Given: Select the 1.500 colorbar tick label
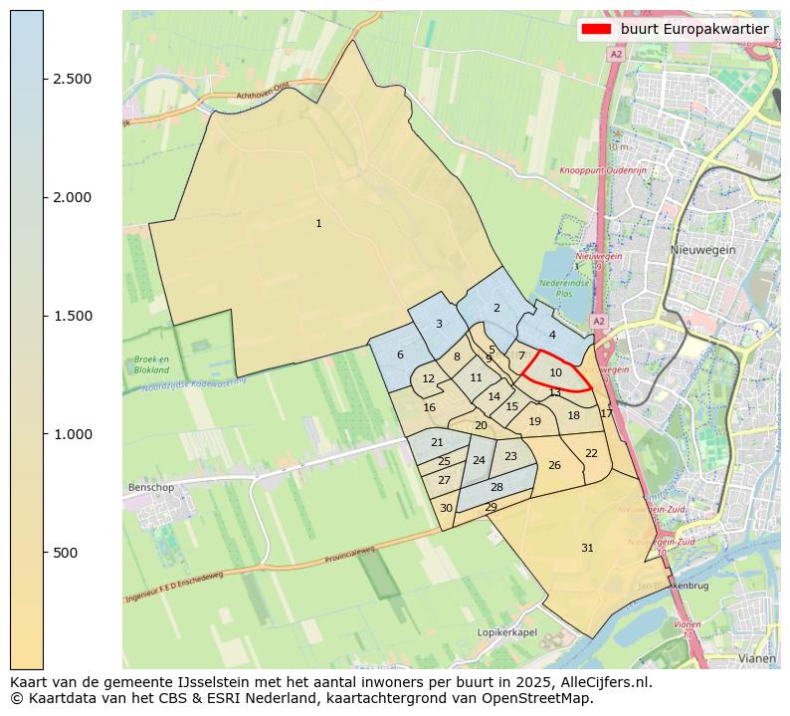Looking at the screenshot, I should coord(72,316).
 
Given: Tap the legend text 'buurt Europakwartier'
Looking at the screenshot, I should coord(694,29).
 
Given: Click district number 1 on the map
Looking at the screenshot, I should coord(318,224).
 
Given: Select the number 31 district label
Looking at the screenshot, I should coord(587,549).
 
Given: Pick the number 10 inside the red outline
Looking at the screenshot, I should coord(556,373).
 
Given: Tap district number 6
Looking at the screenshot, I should coord(400,356).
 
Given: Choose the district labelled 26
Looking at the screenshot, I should coord(554,466).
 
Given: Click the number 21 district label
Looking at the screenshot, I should coord(437,443).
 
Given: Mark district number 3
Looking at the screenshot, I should coord(439,325).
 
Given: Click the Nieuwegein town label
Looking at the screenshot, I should coord(702,250).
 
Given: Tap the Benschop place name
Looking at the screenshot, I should coord(151,488).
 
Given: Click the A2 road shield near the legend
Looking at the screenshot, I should coord(616,55).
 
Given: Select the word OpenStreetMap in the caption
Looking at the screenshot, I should coord(541,697).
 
